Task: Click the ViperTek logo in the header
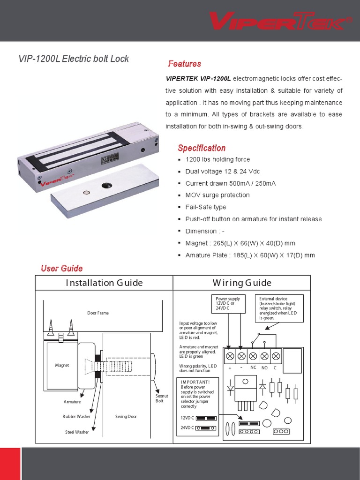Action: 280,21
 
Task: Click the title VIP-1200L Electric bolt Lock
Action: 73,59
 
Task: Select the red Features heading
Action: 185,64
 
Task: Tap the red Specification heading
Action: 202,148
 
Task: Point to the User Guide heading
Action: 62,268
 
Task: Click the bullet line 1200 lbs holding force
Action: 217,159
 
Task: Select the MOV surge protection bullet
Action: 217,195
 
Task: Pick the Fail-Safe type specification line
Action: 205,207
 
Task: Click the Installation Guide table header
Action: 104,283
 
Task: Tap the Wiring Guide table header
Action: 241,283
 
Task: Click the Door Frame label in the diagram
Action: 98,313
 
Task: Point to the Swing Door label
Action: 126,416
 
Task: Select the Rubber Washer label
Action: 76,416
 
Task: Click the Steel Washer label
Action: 77,432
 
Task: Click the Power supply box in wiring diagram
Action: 228,304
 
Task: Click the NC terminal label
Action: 253,367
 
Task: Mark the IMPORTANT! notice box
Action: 197,394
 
